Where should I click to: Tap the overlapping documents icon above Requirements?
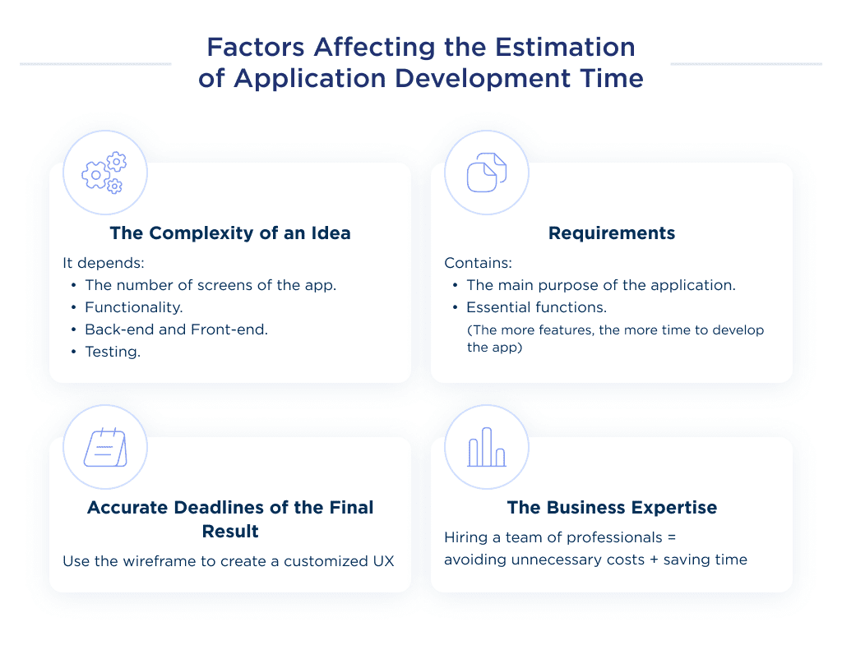(486, 173)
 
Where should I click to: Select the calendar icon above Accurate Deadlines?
(104, 449)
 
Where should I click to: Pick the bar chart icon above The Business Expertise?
(486, 448)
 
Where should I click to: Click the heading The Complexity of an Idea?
(230, 233)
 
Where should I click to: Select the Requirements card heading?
(612, 233)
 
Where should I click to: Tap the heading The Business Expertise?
(612, 508)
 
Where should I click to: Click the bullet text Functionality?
(133, 307)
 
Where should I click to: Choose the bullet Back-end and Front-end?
(176, 329)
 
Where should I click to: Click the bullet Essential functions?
(536, 307)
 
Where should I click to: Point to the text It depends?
(95, 263)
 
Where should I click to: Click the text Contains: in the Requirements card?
(478, 263)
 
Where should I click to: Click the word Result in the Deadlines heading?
(230, 531)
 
